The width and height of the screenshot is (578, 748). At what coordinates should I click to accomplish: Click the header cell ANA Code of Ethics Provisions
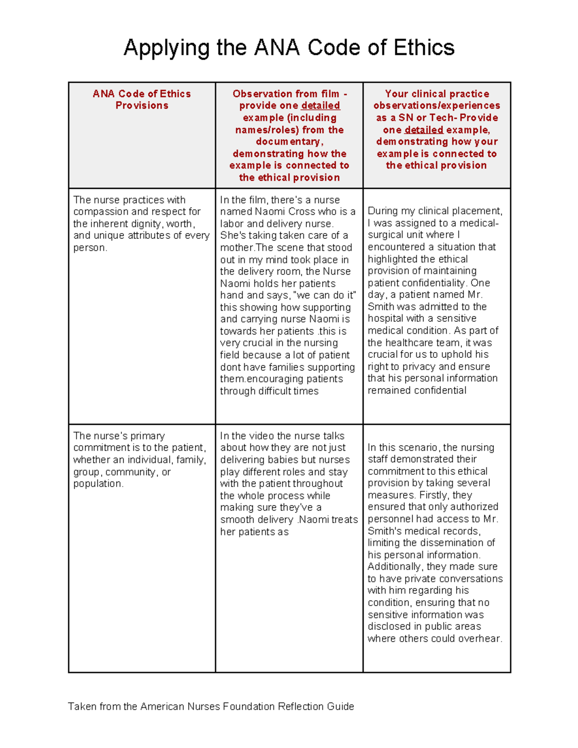[x=142, y=100]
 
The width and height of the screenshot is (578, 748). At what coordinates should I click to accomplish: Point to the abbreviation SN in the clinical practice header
[x=406, y=118]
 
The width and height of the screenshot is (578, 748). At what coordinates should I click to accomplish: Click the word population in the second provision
[x=98, y=484]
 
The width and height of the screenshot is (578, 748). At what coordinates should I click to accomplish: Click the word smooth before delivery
[x=236, y=520]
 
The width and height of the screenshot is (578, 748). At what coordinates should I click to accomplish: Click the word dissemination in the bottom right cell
[x=452, y=543]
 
